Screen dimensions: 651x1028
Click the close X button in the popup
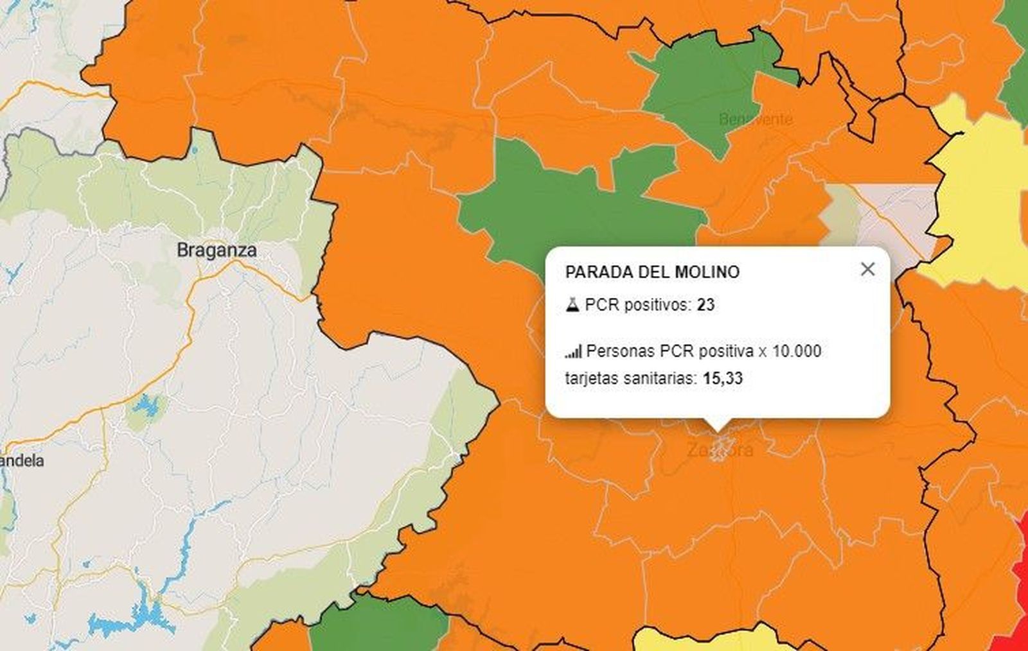pos(867,269)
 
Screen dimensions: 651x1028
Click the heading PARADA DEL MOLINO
pos(652,272)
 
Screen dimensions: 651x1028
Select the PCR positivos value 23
pos(705,305)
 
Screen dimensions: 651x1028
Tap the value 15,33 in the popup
pos(723,378)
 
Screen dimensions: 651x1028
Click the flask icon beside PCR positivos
pos(572,305)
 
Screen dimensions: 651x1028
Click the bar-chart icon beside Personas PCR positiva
pos(573,352)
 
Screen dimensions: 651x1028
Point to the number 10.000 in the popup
pos(797,351)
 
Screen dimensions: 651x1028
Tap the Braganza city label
pos(217,250)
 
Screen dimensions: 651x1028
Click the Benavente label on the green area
pos(756,119)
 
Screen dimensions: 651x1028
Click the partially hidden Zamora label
pos(720,450)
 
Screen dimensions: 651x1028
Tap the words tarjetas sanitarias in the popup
pos(630,378)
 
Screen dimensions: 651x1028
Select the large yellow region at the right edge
pos(983,205)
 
